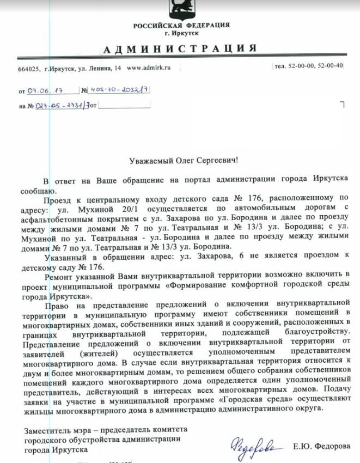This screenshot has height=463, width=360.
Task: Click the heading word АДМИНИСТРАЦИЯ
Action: coord(180,48)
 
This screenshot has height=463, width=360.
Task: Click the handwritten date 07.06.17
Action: coord(50,90)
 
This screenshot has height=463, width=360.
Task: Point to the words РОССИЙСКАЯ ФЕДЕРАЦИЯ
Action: coord(182,26)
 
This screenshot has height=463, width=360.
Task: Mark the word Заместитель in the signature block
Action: coord(47,430)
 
